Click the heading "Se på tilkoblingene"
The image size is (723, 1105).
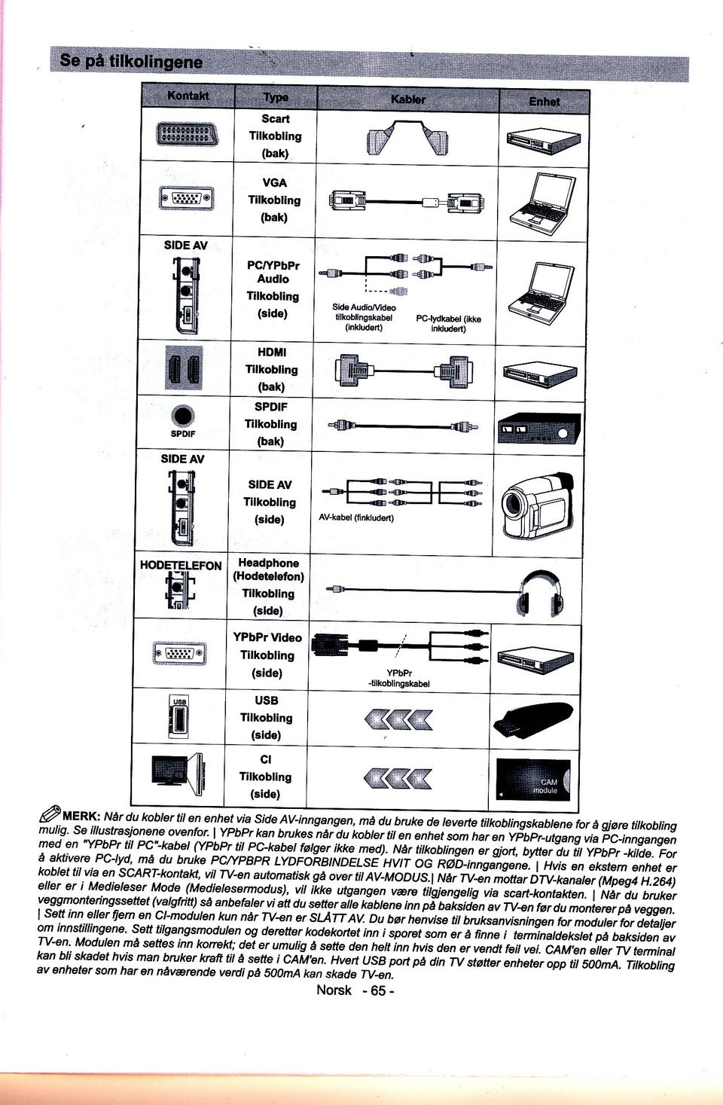coord(131,61)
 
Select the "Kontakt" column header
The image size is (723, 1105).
coord(188,95)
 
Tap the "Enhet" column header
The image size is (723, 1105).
coord(544,102)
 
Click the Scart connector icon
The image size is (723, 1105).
coord(187,133)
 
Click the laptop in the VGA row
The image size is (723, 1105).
coord(542,203)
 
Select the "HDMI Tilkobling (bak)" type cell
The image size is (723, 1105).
coord(271,369)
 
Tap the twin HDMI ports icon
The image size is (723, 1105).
coord(184,368)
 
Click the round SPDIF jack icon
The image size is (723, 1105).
coord(182,417)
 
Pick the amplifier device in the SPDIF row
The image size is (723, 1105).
coord(539,427)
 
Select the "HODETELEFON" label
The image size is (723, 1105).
coord(181,566)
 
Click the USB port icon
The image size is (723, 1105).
coord(179,717)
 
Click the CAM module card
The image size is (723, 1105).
coord(533,780)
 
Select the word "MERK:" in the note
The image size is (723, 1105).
coord(81,814)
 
